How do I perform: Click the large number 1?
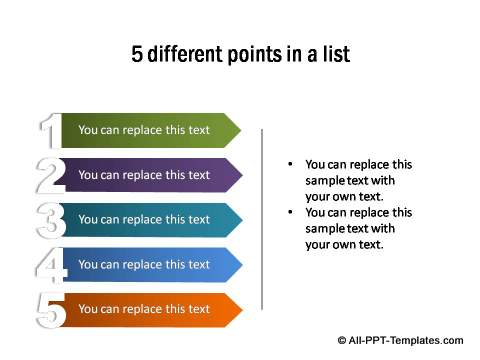tap(48, 131)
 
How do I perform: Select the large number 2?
tap(50, 175)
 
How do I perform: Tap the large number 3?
tap(50, 220)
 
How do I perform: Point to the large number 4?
tap(50, 265)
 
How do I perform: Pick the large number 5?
tap(50, 310)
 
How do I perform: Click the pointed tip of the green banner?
tap(238, 130)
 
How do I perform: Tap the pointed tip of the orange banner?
tap(239, 310)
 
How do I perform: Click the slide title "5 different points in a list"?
tap(240, 54)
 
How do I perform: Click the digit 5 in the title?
tap(137, 54)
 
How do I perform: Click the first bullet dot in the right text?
tap(289, 164)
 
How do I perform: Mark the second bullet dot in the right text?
tap(289, 212)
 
